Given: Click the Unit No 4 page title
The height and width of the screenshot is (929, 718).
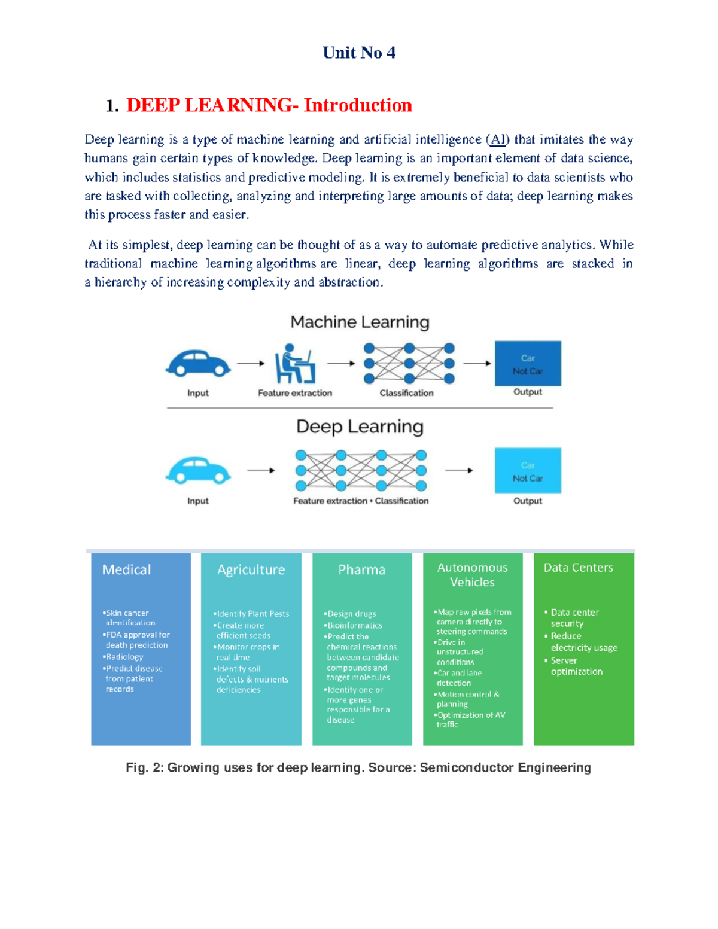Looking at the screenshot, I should tap(358, 53).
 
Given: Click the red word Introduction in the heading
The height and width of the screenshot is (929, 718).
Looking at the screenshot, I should tap(357, 105).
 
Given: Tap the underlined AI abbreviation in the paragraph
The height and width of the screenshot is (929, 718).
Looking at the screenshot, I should tap(498, 139).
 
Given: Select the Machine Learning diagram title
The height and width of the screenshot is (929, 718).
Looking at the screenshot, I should tap(360, 322).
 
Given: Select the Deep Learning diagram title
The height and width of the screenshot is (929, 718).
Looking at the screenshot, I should tap(360, 427).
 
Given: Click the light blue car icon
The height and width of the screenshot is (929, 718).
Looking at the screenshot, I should tap(198, 470).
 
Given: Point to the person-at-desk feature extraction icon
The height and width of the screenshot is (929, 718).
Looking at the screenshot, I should tap(294, 364).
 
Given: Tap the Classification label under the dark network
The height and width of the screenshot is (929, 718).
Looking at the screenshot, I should tap(406, 393).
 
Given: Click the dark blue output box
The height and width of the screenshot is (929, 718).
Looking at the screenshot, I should tap(528, 364).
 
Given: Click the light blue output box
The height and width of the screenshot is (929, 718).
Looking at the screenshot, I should tap(528, 470).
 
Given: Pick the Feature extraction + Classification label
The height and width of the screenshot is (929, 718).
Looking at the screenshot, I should tap(361, 501).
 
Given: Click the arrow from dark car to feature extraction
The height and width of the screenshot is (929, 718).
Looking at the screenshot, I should tap(251, 363).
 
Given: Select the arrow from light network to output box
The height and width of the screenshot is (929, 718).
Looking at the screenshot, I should tap(459, 470).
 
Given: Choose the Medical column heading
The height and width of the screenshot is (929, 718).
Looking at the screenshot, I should tap(126, 569).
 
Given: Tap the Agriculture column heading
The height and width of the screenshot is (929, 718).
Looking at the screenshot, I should tap(251, 569).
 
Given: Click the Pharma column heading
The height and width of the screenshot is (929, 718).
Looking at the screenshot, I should tap(361, 569).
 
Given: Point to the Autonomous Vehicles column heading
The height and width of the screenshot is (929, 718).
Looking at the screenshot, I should tap(472, 575).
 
